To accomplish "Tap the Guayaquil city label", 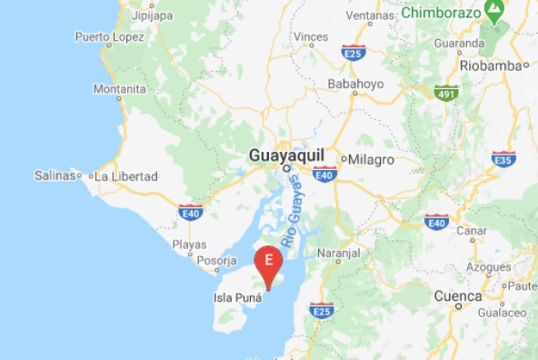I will pos(284,156).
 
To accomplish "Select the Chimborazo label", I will pos(440,14).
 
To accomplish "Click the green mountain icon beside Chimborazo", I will pos(495,12).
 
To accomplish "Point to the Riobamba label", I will pos(493,66).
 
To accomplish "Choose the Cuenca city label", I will pos(457,296).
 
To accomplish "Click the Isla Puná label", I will pos(233,296).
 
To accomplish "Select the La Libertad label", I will pos(126,175).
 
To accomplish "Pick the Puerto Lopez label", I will pos(108,37).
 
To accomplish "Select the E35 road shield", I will pos(504,158).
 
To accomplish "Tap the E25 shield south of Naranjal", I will pos(321,311).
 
